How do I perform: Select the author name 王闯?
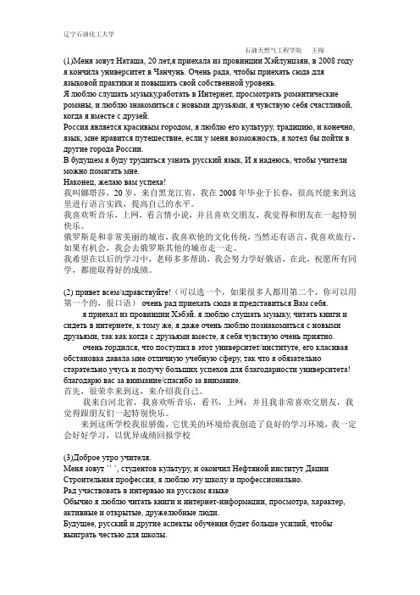[x=321, y=50]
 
